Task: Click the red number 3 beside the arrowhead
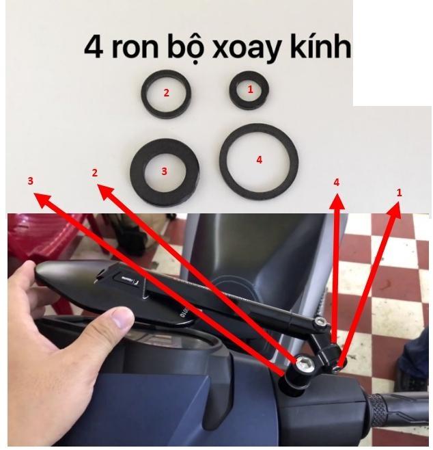pyautogui.click(x=30, y=181)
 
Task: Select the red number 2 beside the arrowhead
pyautogui.click(x=94, y=173)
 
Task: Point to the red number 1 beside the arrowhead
pyautogui.click(x=400, y=193)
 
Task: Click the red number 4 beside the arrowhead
pyautogui.click(x=336, y=183)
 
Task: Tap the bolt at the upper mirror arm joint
pyautogui.click(x=320, y=321)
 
